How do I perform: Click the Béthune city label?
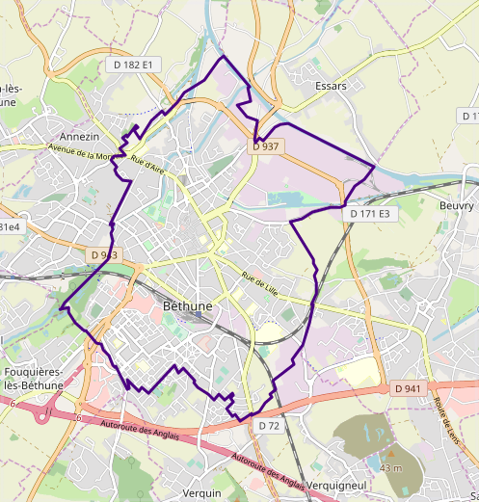coord(188,304)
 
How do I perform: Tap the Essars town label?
coord(331,86)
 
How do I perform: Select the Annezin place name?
coord(80,137)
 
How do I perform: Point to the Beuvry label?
coord(456,206)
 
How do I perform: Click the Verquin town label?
coord(201,492)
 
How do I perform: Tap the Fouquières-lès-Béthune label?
coord(33,379)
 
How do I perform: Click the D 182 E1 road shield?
coord(131,64)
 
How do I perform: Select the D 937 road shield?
coord(265,146)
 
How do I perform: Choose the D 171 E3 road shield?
coord(369,213)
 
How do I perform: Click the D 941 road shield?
coord(409,388)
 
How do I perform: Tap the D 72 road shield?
coord(268,425)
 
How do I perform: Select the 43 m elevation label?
coord(390,467)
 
